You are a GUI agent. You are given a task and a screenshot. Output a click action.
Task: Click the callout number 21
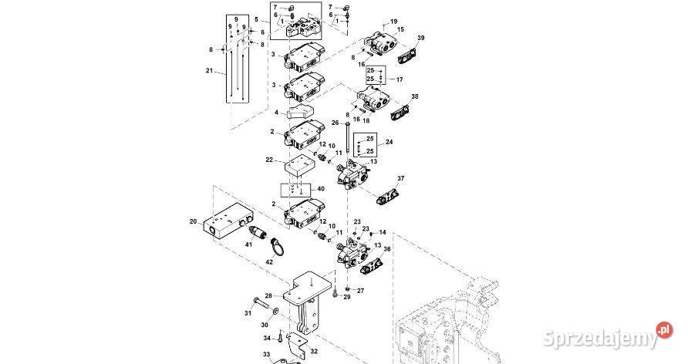pos(209,71)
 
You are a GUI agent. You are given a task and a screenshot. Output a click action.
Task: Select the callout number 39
pos(421,38)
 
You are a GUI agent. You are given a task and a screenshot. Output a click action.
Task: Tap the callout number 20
pos(194,221)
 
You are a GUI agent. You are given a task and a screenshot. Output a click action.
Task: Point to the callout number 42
pos(269,261)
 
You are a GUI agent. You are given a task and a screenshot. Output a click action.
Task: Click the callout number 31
pos(248,313)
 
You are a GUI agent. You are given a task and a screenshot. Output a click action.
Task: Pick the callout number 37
pos(401,178)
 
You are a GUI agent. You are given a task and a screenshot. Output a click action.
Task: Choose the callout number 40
pos(321,189)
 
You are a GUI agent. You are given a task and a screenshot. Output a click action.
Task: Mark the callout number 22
pos(269,160)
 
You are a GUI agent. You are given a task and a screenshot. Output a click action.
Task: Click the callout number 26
pos(336,123)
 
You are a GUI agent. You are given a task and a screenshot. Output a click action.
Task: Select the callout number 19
pos(393,21)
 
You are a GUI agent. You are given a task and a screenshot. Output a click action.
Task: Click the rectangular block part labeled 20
pos(228,221)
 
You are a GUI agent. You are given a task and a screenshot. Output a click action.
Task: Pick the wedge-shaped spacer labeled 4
pos(301,113)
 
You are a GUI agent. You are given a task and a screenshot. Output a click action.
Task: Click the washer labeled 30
pos(275,311)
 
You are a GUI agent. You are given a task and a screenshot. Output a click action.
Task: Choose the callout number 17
pos(400,79)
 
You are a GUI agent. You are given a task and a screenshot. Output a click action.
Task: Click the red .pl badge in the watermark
pos(665,330)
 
